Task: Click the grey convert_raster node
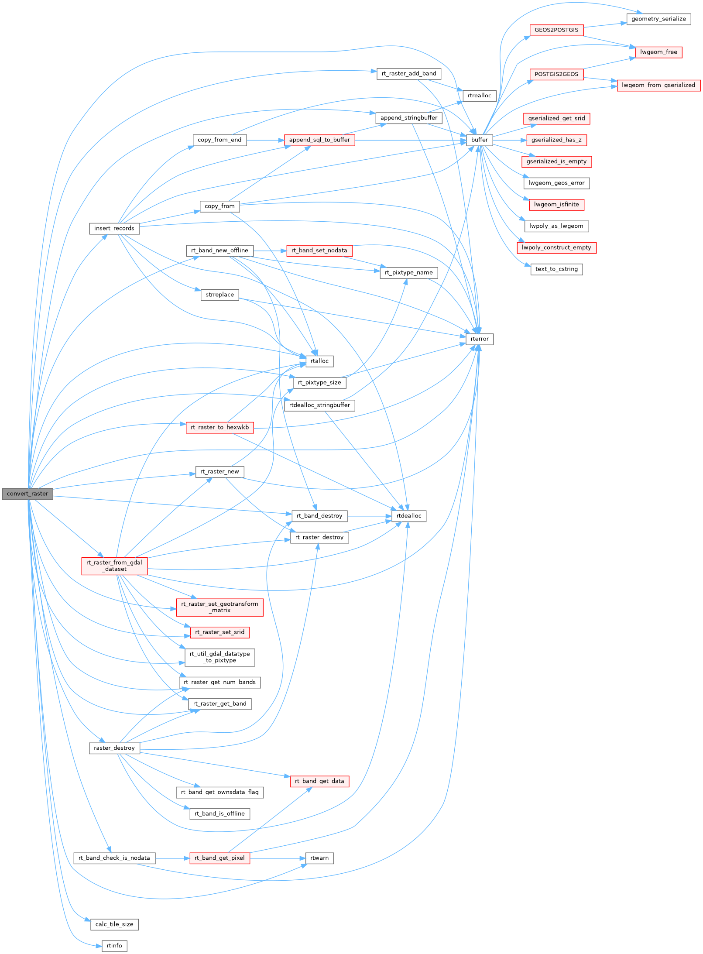(x=27, y=494)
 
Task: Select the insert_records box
(x=114, y=228)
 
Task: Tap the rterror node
(x=480, y=339)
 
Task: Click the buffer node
(x=480, y=140)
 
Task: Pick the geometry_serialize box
(x=658, y=19)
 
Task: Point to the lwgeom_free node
(x=658, y=52)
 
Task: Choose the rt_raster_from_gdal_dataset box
(x=114, y=566)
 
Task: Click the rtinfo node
(x=114, y=946)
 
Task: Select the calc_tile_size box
(x=114, y=924)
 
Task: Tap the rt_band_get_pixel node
(x=219, y=858)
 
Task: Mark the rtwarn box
(x=319, y=858)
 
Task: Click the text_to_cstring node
(x=556, y=269)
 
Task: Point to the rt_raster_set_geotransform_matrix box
(x=219, y=607)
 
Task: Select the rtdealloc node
(x=409, y=516)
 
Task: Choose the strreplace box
(x=219, y=295)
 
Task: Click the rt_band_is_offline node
(x=219, y=814)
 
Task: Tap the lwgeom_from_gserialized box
(x=658, y=85)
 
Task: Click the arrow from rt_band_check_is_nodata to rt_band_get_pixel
(x=172, y=858)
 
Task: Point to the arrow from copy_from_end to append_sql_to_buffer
(x=265, y=140)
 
